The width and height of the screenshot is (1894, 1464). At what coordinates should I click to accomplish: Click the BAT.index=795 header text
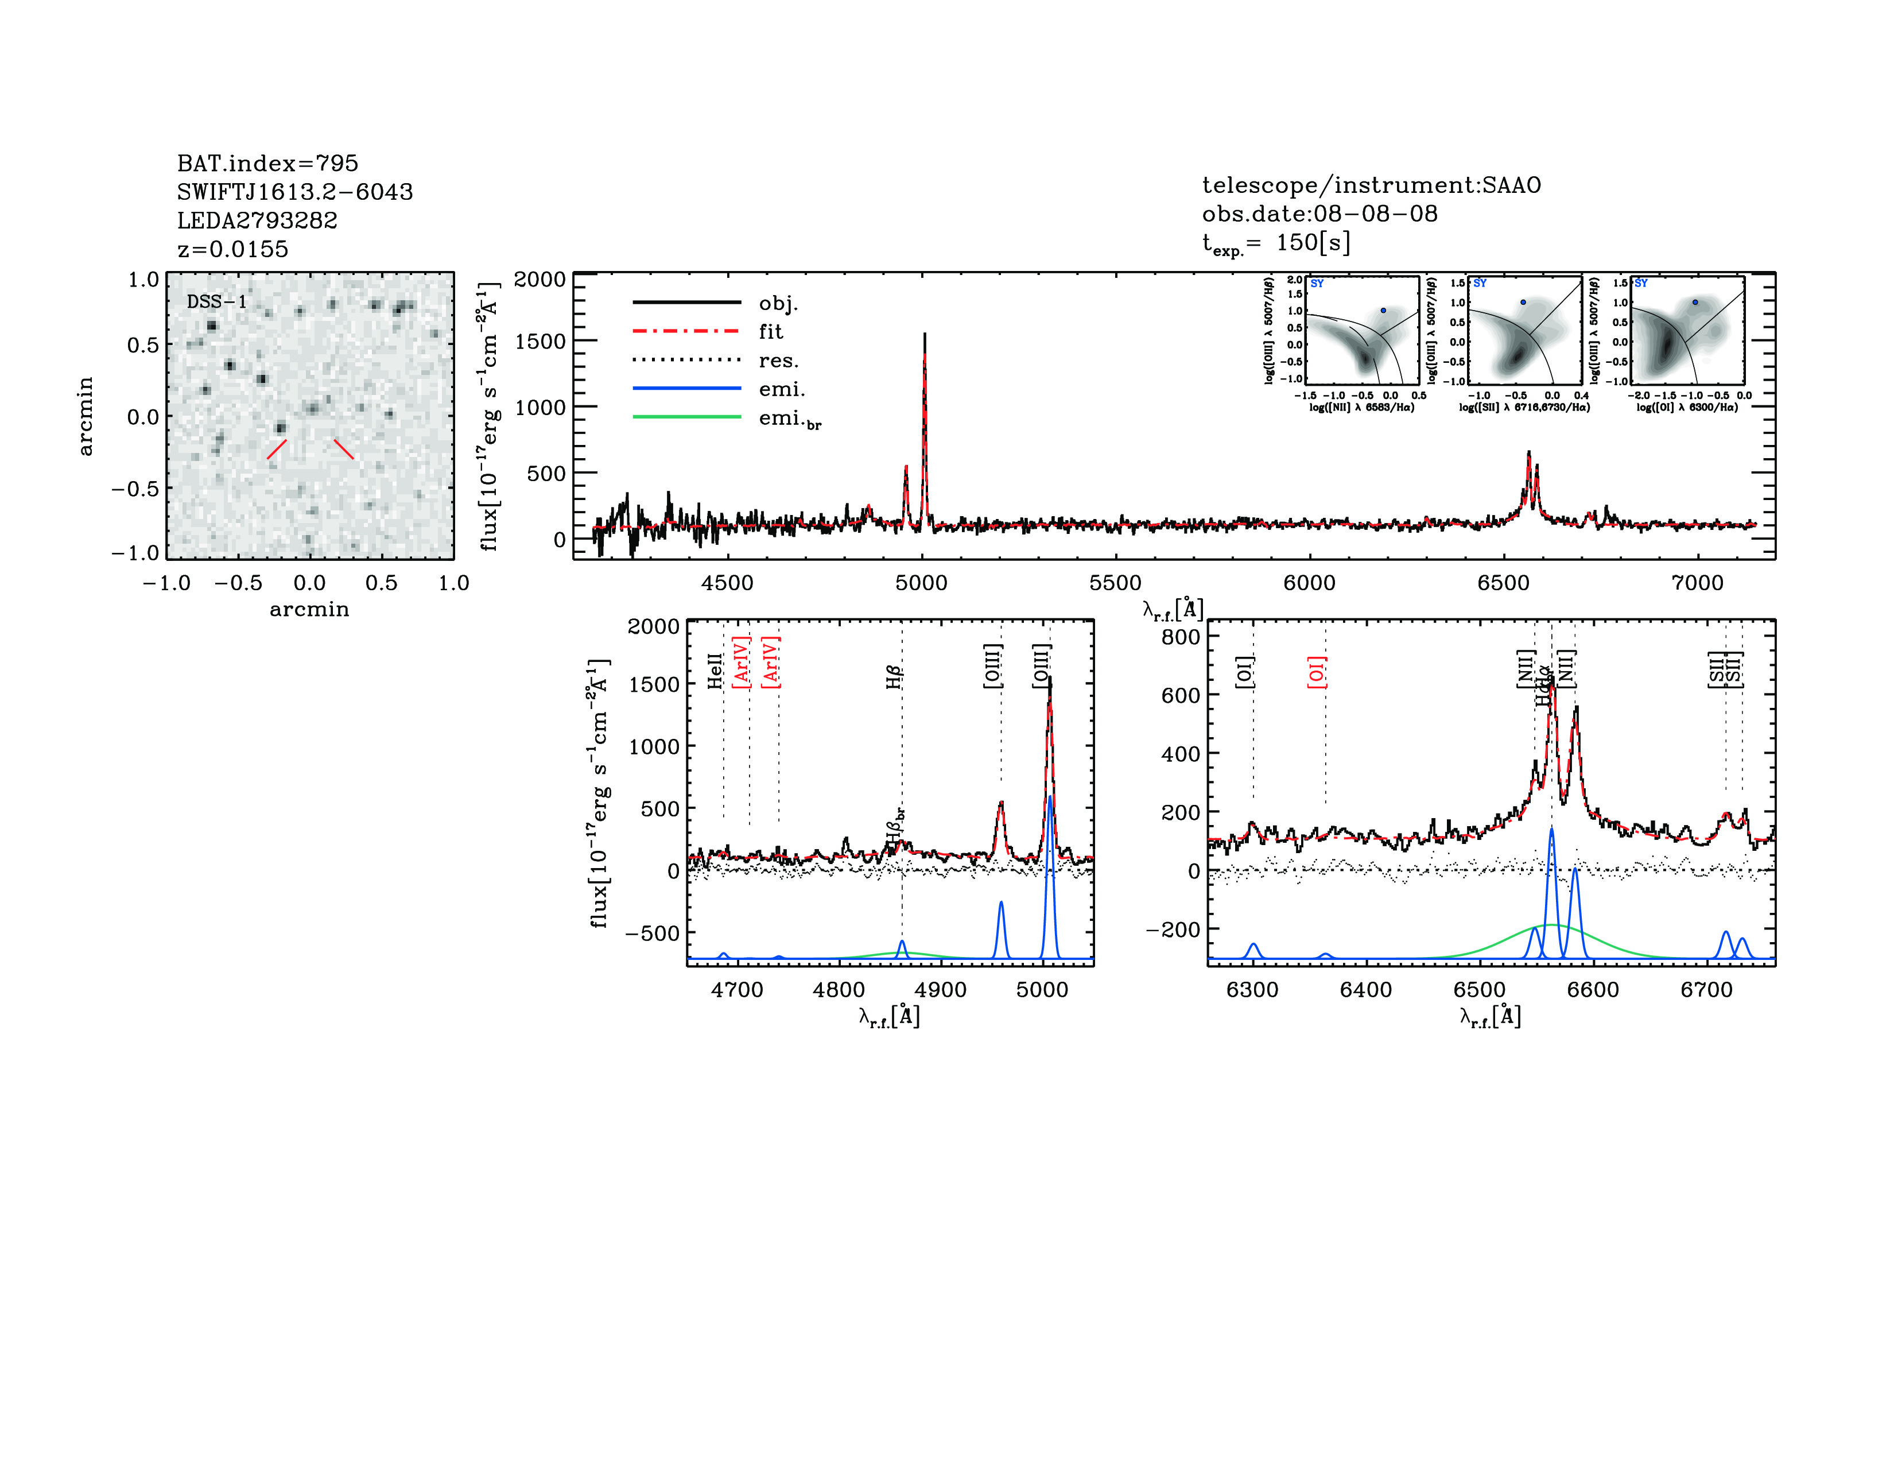(x=267, y=163)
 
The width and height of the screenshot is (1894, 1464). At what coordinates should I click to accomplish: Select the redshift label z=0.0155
(x=232, y=249)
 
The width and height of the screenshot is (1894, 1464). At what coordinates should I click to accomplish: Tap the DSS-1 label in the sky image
(x=217, y=302)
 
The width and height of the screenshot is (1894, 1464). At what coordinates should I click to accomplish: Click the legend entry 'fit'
(x=770, y=331)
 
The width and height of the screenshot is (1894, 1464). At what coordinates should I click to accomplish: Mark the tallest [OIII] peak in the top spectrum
(x=925, y=335)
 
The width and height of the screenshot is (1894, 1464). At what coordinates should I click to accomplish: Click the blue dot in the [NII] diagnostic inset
(x=1383, y=311)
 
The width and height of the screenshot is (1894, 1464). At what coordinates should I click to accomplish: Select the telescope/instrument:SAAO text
(x=1371, y=185)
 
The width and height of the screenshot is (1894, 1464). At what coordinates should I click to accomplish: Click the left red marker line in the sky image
(x=277, y=450)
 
